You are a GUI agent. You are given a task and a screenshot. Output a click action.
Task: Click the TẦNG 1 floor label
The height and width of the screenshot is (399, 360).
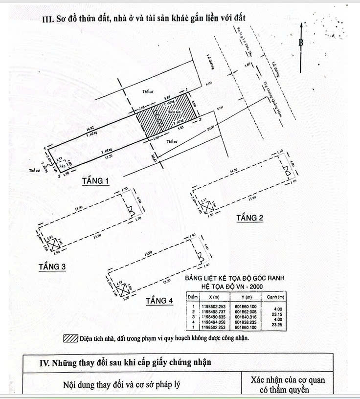(x=95, y=181)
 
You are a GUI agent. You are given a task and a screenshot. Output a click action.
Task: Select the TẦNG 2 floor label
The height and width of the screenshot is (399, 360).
(x=249, y=218)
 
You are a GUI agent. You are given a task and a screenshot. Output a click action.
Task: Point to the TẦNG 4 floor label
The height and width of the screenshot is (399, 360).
(x=159, y=301)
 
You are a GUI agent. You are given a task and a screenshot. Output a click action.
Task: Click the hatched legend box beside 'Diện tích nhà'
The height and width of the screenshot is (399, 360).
(x=70, y=338)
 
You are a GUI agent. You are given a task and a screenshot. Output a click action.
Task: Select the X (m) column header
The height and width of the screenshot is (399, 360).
(x=213, y=297)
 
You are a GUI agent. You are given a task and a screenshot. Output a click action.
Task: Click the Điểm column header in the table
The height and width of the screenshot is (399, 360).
(x=192, y=297)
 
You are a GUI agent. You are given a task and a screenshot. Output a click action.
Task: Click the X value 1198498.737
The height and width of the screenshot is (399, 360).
(x=213, y=311)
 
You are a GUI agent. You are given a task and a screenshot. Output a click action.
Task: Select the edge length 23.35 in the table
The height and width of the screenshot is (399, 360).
(x=277, y=325)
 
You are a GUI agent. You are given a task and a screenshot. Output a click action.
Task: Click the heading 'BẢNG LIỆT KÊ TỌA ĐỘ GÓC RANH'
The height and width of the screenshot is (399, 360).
(x=234, y=278)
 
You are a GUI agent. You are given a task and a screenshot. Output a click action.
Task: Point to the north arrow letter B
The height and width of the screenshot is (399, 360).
(x=301, y=43)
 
